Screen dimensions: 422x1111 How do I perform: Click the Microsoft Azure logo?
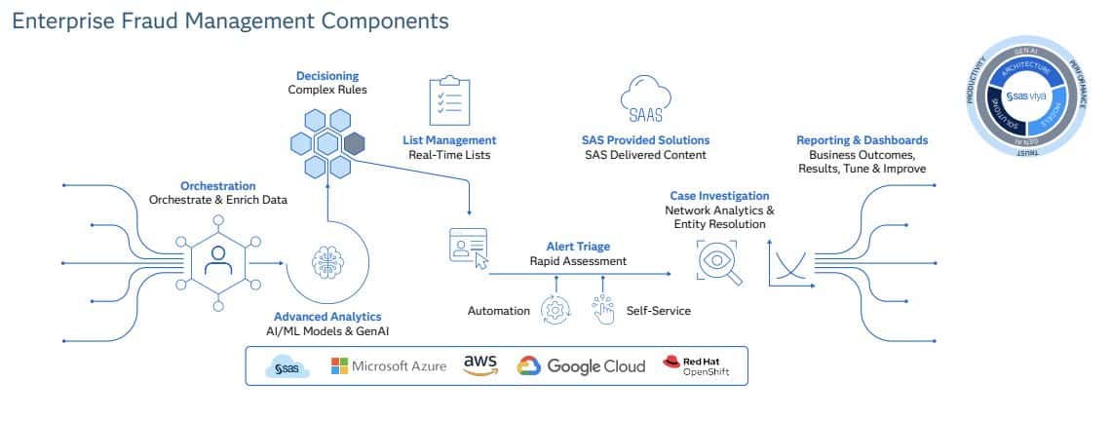[x=389, y=366]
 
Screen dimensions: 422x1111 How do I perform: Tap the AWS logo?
[x=480, y=364]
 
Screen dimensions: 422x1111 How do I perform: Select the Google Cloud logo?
[x=581, y=366]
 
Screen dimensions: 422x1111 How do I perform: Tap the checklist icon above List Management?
[x=449, y=100]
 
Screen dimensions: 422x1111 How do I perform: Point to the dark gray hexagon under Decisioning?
[x=354, y=144]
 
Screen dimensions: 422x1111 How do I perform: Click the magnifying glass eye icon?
[x=719, y=262]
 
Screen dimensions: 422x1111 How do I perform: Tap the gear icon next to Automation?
[x=555, y=311]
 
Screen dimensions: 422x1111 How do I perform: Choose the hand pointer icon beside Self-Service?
[x=604, y=309]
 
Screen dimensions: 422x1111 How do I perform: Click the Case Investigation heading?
[x=719, y=196]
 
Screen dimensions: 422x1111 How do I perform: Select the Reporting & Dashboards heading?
[x=862, y=140]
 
